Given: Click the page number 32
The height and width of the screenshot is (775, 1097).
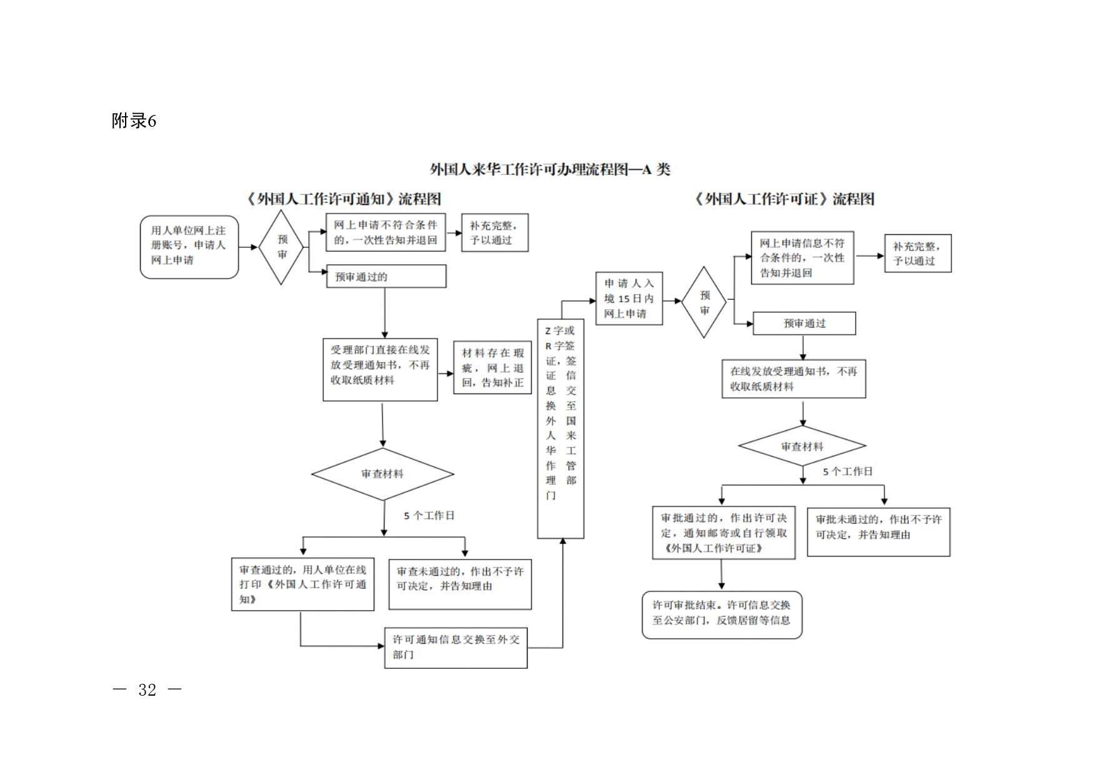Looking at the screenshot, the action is (x=147, y=689).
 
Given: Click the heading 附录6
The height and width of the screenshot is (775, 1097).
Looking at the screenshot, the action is (x=134, y=121).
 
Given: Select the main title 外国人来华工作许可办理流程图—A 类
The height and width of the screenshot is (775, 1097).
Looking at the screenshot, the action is (x=549, y=169).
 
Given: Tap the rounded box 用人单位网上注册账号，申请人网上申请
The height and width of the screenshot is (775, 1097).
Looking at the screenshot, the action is (x=189, y=247).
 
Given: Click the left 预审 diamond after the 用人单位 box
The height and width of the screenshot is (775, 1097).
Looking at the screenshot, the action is (x=281, y=247).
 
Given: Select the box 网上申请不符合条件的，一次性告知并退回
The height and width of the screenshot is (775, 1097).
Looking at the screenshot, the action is (x=386, y=232).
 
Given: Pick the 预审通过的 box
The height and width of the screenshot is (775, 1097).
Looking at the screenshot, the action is (x=386, y=277).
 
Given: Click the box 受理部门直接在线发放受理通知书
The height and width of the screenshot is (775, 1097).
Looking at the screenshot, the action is (x=380, y=370).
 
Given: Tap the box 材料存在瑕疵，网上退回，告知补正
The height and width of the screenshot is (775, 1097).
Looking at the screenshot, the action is (x=493, y=367).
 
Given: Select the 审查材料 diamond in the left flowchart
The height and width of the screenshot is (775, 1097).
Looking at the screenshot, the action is (x=383, y=474).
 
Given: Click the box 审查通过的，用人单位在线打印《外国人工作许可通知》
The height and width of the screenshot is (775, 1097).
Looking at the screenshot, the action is (x=303, y=584).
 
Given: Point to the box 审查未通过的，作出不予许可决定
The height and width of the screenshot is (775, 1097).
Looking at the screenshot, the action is (x=460, y=584).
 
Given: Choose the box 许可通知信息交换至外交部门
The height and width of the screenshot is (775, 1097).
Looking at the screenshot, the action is (x=456, y=648).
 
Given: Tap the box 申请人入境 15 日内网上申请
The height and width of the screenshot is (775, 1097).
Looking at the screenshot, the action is (x=629, y=299).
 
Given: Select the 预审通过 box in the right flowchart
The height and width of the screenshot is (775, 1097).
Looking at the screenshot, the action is (x=804, y=323).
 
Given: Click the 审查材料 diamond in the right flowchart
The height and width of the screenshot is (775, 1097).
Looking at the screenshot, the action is (x=802, y=446).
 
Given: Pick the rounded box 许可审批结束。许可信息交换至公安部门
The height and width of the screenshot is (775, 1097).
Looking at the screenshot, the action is (x=722, y=615).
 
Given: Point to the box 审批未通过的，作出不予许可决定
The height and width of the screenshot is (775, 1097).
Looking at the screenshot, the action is (x=878, y=531).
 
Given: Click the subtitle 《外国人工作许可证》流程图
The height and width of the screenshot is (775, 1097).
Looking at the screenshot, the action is (x=784, y=199).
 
